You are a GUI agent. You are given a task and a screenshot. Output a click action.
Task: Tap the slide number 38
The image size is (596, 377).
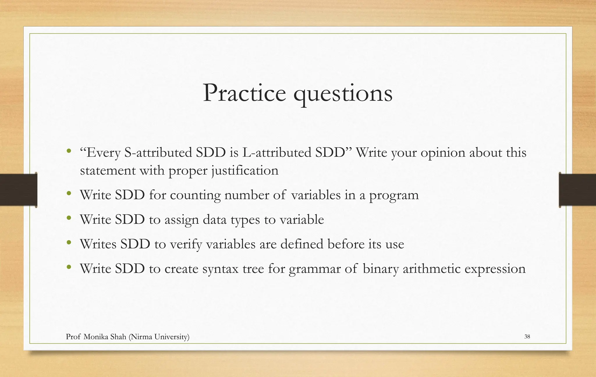click(527, 337)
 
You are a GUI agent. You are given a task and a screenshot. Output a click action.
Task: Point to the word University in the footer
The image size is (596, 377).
click(172, 337)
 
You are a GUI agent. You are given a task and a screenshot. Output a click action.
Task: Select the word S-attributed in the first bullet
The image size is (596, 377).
click(158, 153)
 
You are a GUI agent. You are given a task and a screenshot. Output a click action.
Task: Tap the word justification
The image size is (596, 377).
click(245, 171)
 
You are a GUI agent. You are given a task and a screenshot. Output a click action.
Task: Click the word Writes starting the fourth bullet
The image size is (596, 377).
click(98, 244)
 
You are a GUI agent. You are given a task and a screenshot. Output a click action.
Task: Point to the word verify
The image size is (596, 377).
click(186, 245)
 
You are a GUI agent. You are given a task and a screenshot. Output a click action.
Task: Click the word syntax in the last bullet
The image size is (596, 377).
click(220, 269)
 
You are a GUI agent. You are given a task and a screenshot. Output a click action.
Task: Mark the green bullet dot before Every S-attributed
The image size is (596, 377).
click(69, 151)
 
